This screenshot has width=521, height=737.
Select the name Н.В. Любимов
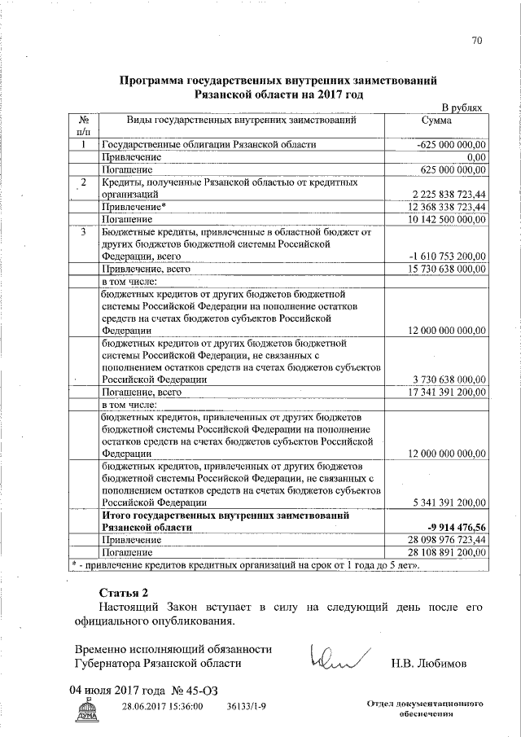(427, 663)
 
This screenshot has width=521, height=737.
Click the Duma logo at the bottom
(85, 712)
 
